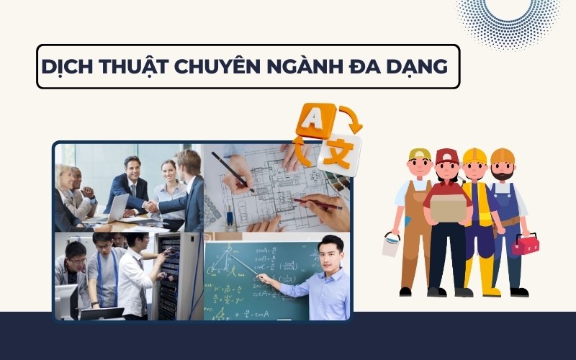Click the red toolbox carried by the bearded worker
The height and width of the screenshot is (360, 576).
[x=524, y=244]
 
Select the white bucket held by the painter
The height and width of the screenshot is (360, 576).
[x=391, y=245]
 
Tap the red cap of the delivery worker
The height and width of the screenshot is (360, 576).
[x=447, y=156]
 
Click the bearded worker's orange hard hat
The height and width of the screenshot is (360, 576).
[x=503, y=155]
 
